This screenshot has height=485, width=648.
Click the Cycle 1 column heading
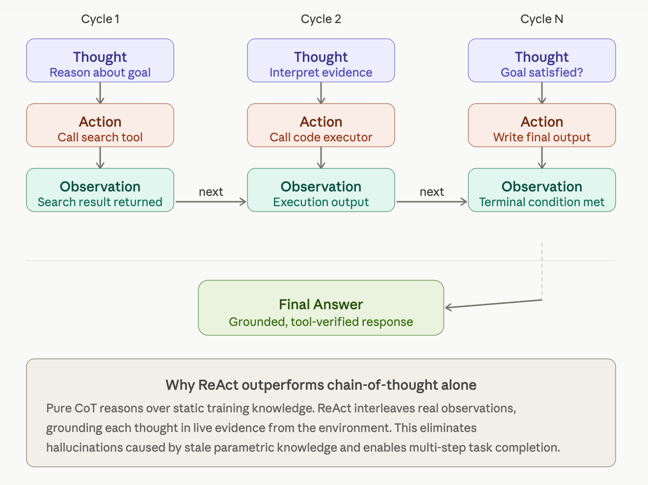point(100,19)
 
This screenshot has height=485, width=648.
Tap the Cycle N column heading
point(542,19)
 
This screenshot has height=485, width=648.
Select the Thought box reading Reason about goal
point(100,60)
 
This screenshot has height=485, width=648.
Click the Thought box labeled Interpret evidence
point(321,60)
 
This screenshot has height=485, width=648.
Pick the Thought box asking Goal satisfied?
point(542,60)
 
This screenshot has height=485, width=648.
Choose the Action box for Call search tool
point(100,125)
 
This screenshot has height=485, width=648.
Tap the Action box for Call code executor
point(321,125)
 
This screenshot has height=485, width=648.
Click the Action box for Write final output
point(542,125)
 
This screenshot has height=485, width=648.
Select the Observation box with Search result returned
point(100,190)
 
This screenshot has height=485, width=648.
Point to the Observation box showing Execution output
point(321,190)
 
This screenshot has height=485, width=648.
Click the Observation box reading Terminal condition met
point(542,190)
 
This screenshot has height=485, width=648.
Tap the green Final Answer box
point(321,308)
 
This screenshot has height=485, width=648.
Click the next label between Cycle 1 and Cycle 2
point(211,192)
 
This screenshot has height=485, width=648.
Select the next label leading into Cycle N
point(432,192)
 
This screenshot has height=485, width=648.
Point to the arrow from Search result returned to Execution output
point(211,202)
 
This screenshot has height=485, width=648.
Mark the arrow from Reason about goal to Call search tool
point(100,93)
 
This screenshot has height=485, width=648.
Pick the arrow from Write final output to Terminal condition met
point(542,158)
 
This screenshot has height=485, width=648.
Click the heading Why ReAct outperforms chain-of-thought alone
point(321,385)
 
